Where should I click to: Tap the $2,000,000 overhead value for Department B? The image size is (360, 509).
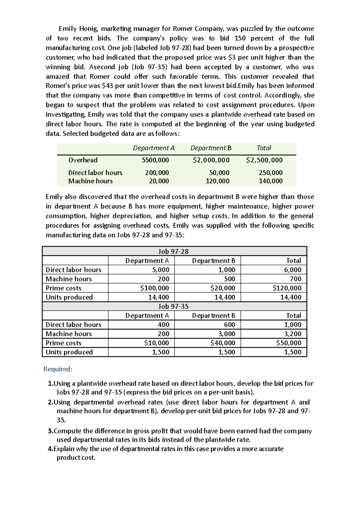(211, 160)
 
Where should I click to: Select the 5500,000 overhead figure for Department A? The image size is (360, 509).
(155, 160)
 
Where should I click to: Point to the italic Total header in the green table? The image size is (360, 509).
(264, 148)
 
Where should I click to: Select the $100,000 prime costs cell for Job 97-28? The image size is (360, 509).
(154, 288)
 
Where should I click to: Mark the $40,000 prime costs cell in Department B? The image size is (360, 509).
(223, 343)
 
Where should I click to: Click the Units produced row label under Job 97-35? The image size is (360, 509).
(69, 352)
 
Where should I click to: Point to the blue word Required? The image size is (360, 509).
(58, 369)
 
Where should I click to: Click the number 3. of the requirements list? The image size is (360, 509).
(50, 431)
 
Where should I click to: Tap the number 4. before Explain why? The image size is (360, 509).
(50, 449)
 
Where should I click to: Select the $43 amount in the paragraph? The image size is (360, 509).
(108, 86)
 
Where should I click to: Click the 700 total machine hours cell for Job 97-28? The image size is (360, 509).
(295, 279)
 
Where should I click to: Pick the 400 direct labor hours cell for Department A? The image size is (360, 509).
(163, 325)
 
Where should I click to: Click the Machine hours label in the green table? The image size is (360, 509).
(90, 181)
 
